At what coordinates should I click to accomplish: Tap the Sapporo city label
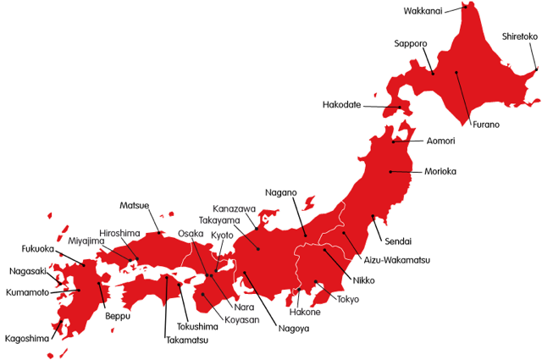(x=410, y=43)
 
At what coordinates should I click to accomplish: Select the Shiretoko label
(x=519, y=36)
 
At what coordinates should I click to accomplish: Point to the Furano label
(x=485, y=125)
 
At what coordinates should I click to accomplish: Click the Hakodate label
(x=342, y=105)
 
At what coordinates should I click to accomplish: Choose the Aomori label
(x=441, y=141)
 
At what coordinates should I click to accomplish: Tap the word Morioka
(x=440, y=171)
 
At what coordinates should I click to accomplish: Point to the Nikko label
(x=363, y=280)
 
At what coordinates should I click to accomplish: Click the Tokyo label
(x=348, y=299)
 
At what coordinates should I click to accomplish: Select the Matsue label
(x=135, y=205)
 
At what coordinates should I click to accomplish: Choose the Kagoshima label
(x=27, y=338)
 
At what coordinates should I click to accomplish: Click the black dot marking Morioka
(x=390, y=172)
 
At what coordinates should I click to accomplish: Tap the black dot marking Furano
(x=456, y=73)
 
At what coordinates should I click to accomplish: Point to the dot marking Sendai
(x=373, y=216)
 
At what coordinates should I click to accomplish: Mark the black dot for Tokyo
(x=316, y=282)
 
